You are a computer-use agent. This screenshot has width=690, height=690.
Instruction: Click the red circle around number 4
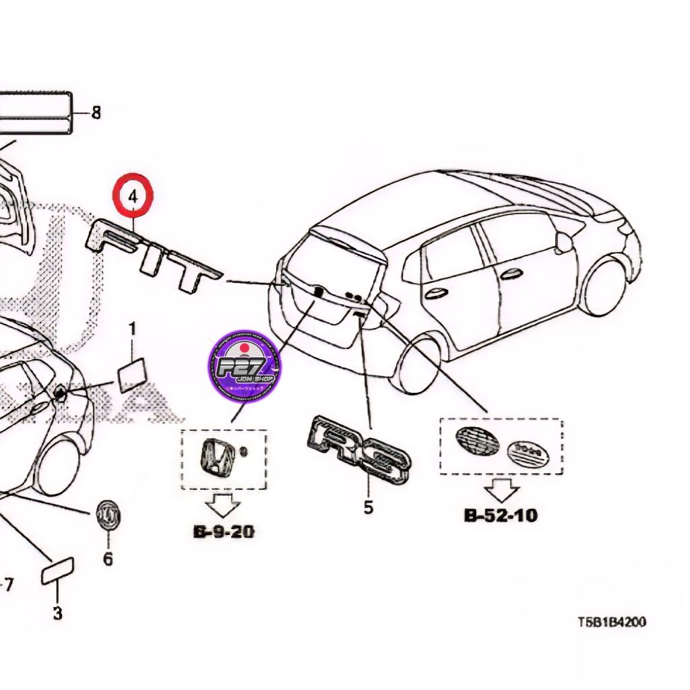133,197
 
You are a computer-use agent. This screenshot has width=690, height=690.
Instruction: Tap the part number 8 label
96,113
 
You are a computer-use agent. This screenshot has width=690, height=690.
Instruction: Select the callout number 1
133,330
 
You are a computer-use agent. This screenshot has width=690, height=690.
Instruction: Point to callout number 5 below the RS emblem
368,507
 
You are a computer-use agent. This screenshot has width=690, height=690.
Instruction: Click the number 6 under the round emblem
108,559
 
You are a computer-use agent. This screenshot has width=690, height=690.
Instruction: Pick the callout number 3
57,613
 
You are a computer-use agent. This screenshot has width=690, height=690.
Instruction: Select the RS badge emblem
360,450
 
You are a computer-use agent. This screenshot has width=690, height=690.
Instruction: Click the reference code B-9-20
224,532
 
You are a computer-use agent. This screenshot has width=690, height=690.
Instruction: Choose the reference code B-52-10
501,516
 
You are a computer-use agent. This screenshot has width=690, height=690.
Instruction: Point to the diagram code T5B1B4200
611,622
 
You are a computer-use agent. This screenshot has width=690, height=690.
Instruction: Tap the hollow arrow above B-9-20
224,503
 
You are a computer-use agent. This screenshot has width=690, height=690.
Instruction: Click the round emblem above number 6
108,515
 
